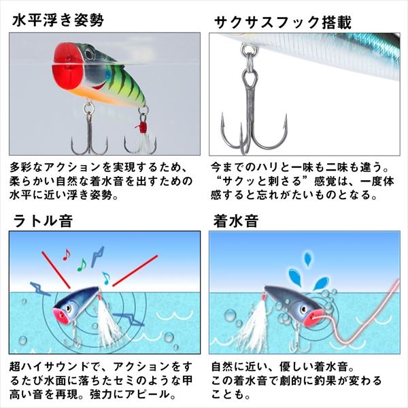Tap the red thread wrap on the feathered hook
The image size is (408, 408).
(x=143, y=126)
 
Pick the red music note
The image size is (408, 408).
(x=66, y=254)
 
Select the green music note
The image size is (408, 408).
(x=81, y=263)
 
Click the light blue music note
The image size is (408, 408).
(x=105, y=276)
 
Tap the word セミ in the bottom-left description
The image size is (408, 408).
(x=133, y=381)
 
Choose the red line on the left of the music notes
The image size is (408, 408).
(x=54, y=269)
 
